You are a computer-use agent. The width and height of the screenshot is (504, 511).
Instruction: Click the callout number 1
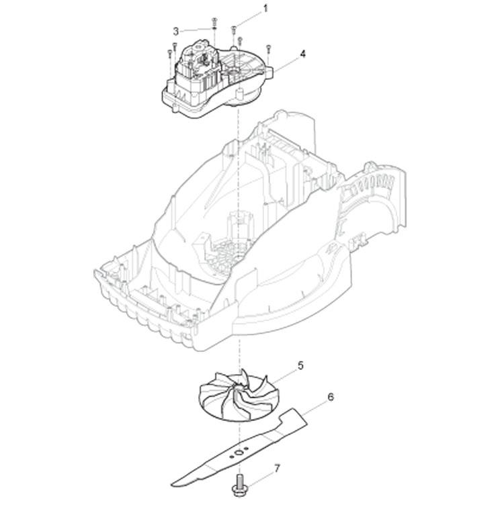click(265, 9)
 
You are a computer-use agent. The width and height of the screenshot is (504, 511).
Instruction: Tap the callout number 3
click(176, 32)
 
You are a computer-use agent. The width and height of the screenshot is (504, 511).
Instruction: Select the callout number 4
click(302, 54)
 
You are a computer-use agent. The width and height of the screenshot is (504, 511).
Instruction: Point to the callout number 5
click(300, 365)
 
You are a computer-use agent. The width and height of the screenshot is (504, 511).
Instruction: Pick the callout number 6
click(331, 397)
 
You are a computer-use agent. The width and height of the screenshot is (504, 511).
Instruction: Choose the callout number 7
click(277, 469)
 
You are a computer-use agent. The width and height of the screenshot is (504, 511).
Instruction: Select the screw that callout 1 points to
click(234, 31)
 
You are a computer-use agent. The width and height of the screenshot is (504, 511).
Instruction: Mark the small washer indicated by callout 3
click(214, 29)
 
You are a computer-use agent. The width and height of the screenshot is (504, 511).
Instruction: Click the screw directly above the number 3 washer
click(214, 21)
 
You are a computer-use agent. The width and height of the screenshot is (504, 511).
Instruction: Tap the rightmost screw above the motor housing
click(269, 50)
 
